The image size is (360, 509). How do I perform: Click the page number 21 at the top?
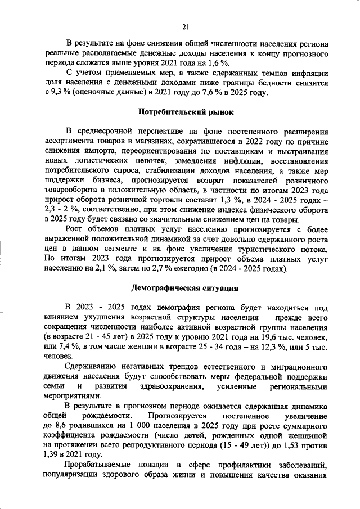(185, 25)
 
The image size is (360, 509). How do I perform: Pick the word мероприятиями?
(70, 398)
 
